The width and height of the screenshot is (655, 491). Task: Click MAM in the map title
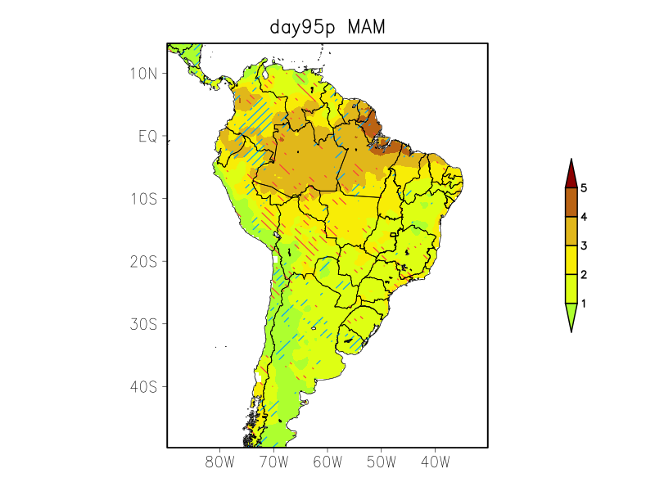[x=366, y=27]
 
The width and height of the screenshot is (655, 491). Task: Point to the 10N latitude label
[x=143, y=74]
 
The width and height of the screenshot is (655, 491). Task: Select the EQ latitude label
[x=147, y=137]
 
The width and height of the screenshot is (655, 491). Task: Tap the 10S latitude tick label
[x=143, y=199]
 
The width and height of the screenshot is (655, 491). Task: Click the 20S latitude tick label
[x=143, y=262]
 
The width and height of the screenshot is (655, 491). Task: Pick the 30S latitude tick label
[x=143, y=324]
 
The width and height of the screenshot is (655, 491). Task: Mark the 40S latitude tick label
[x=143, y=386]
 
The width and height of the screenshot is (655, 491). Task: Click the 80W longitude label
[x=220, y=462]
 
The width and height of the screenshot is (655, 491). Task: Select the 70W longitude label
[x=273, y=462]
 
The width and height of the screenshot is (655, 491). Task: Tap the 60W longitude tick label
[x=327, y=462]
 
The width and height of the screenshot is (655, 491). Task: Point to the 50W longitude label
[x=381, y=462]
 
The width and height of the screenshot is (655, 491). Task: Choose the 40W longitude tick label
[x=435, y=462]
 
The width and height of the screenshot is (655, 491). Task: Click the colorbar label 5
[x=584, y=188]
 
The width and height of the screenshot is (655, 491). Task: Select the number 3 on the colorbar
[x=584, y=245]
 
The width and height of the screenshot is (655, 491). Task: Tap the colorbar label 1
[x=584, y=304]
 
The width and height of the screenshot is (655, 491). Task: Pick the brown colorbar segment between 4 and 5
[x=571, y=202]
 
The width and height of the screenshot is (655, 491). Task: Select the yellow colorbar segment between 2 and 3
[x=571, y=259]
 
